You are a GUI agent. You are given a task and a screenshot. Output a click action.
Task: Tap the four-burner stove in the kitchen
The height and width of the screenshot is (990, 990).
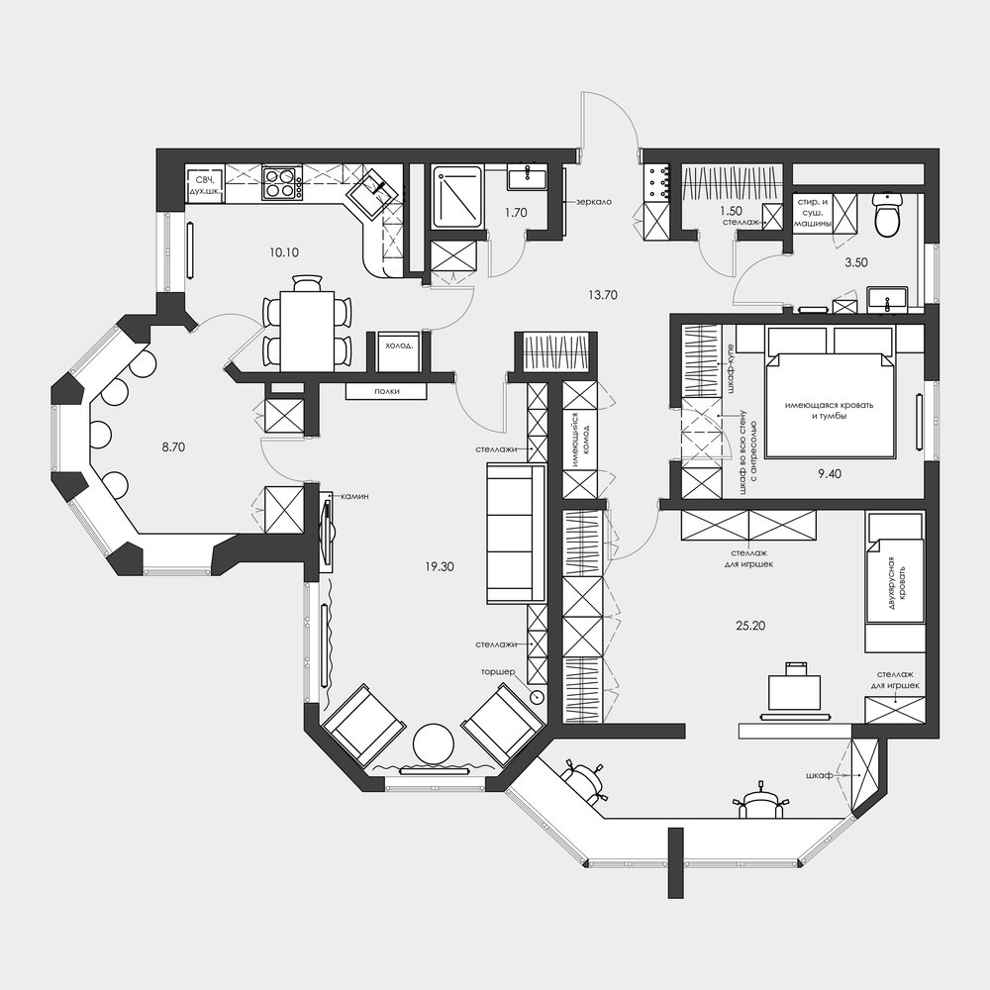[281, 182]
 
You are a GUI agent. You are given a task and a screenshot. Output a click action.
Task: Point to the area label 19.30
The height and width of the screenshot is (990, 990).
[439, 567]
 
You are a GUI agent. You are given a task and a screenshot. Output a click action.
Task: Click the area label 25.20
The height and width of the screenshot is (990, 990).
[750, 626]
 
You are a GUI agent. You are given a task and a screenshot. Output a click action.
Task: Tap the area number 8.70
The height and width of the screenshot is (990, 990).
[173, 447]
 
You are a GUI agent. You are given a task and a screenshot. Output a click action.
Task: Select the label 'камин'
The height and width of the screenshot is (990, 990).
[354, 496]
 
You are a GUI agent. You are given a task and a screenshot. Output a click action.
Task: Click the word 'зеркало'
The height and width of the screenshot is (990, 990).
[593, 202]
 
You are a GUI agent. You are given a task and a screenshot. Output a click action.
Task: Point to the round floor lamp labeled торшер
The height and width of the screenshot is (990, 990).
[538, 697]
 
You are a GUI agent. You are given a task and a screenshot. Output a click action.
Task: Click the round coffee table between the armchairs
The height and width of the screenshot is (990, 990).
[434, 744]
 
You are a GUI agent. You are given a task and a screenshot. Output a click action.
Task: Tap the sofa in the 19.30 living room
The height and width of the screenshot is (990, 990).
[516, 533]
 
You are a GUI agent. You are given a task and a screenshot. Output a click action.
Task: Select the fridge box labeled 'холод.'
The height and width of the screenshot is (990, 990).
[398, 351]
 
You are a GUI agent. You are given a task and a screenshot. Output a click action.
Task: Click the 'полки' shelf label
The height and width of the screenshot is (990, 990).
[386, 391]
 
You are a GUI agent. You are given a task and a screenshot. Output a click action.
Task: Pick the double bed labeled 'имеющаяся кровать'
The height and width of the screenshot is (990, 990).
[830, 404]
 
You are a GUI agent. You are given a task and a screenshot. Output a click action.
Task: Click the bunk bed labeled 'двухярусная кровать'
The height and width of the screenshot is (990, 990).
[895, 582]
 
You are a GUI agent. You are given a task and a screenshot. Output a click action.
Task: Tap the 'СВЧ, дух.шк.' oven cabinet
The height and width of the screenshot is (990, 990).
[205, 184]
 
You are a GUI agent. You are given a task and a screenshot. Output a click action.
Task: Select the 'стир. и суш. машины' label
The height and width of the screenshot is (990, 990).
[813, 213]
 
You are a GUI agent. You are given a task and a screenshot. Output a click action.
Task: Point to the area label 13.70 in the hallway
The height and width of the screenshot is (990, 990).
[602, 295]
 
